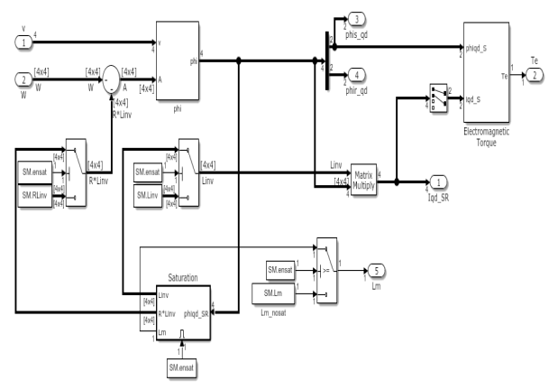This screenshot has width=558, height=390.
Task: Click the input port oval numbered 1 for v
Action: click(20, 41)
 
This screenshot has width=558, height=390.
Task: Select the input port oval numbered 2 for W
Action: click(20, 79)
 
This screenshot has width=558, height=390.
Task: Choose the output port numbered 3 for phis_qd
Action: click(358, 20)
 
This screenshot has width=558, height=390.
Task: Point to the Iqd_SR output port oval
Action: click(438, 181)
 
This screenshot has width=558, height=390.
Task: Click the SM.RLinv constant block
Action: click(37, 190)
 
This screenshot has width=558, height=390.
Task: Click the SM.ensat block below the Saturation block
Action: click(183, 367)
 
